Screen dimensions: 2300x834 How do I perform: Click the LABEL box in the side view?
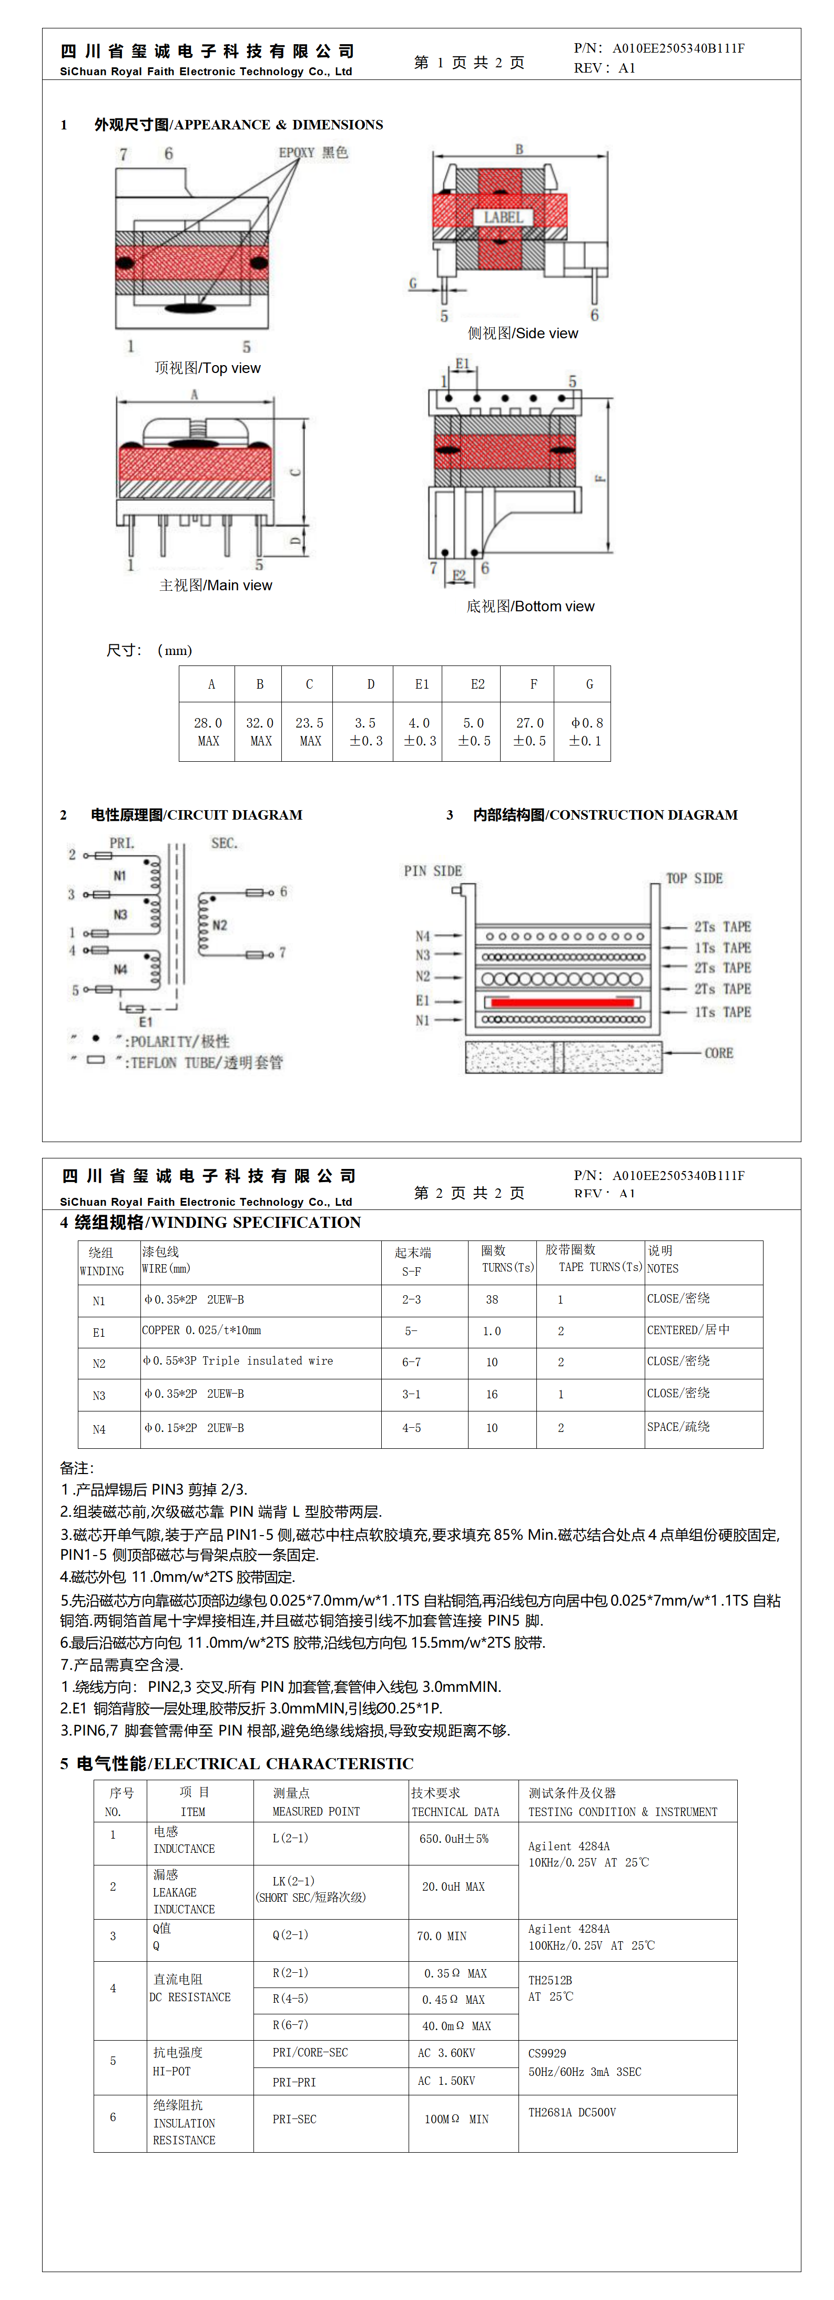[503, 217]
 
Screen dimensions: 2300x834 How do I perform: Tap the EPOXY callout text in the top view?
[312, 153]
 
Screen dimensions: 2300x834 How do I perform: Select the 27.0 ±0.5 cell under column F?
[530, 731]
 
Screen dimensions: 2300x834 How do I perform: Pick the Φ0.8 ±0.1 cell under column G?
[586, 731]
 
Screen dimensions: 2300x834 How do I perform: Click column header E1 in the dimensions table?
[421, 684]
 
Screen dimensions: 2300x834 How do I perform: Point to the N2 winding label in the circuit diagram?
[220, 925]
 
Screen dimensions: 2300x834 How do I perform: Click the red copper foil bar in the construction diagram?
[563, 1002]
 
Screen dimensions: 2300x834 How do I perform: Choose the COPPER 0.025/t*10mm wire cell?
[202, 1330]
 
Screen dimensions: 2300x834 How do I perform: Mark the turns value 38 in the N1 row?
[492, 1300]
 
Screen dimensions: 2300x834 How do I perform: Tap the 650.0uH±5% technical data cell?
[454, 1839]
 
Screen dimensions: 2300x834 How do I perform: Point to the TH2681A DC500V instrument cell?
[572, 2113]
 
